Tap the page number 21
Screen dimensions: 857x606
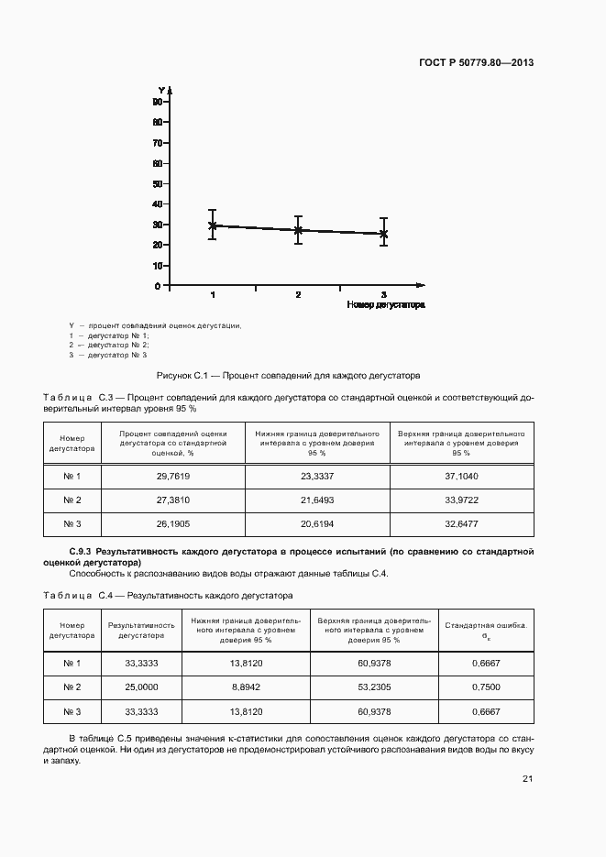527,779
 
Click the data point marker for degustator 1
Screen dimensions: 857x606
213,225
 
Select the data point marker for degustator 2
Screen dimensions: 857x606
298,230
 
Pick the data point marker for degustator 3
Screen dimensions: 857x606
383,234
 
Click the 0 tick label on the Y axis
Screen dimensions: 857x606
158,286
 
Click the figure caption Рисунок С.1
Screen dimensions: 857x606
288,375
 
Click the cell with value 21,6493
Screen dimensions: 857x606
317,500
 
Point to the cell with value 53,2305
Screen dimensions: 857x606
373,687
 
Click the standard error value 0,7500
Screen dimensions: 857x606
485,687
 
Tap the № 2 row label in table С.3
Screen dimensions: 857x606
72,500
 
